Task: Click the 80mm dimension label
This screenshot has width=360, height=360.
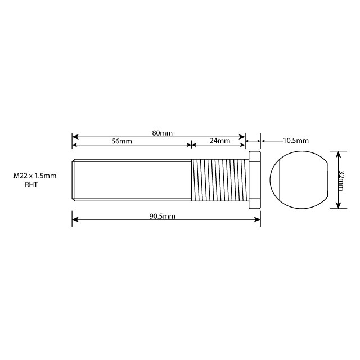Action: tap(162, 133)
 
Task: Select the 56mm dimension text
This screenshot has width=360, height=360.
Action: tap(121, 142)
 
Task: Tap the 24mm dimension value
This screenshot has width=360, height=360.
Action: tap(219, 141)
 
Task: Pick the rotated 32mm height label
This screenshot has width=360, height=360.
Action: tap(342, 179)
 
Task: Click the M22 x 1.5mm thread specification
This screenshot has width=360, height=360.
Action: tap(35, 176)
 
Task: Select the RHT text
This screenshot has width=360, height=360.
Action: tap(31, 184)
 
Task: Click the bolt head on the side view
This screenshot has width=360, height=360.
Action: tap(254, 180)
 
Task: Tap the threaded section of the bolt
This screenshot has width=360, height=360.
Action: tap(219, 180)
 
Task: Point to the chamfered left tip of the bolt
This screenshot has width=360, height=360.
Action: tap(74, 180)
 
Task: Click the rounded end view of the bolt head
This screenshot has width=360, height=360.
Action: tap(298, 180)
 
